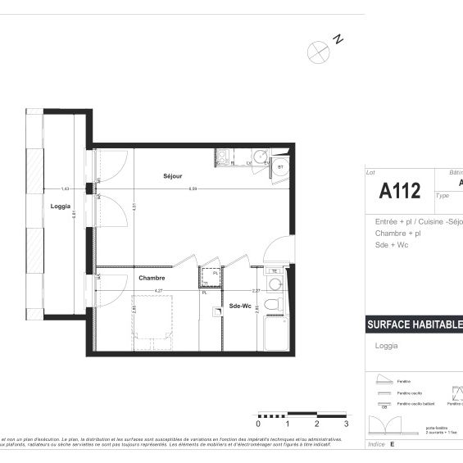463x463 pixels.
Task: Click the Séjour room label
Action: coord(172,176)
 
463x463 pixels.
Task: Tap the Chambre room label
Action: coord(152,279)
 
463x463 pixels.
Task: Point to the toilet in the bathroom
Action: coord(276,304)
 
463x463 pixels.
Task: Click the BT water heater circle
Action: coord(280,167)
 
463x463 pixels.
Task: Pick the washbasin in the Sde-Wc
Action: coord(275,284)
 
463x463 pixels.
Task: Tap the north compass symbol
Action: coord(318,51)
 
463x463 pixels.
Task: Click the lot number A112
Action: coord(400,191)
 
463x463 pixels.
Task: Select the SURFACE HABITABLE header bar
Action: coord(413,325)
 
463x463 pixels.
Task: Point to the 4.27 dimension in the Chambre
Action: coord(158,290)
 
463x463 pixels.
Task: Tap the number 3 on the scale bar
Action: coord(347,424)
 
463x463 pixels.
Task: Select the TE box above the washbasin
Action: coord(275,271)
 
